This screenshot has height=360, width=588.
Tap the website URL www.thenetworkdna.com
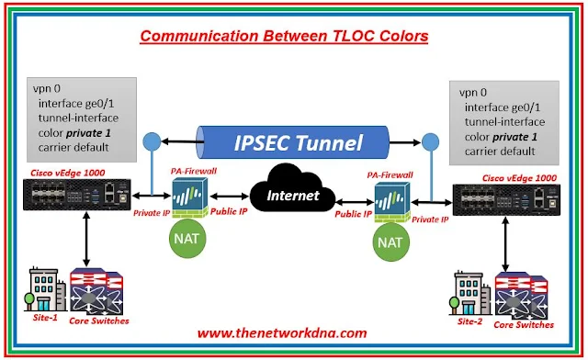[282, 333]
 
